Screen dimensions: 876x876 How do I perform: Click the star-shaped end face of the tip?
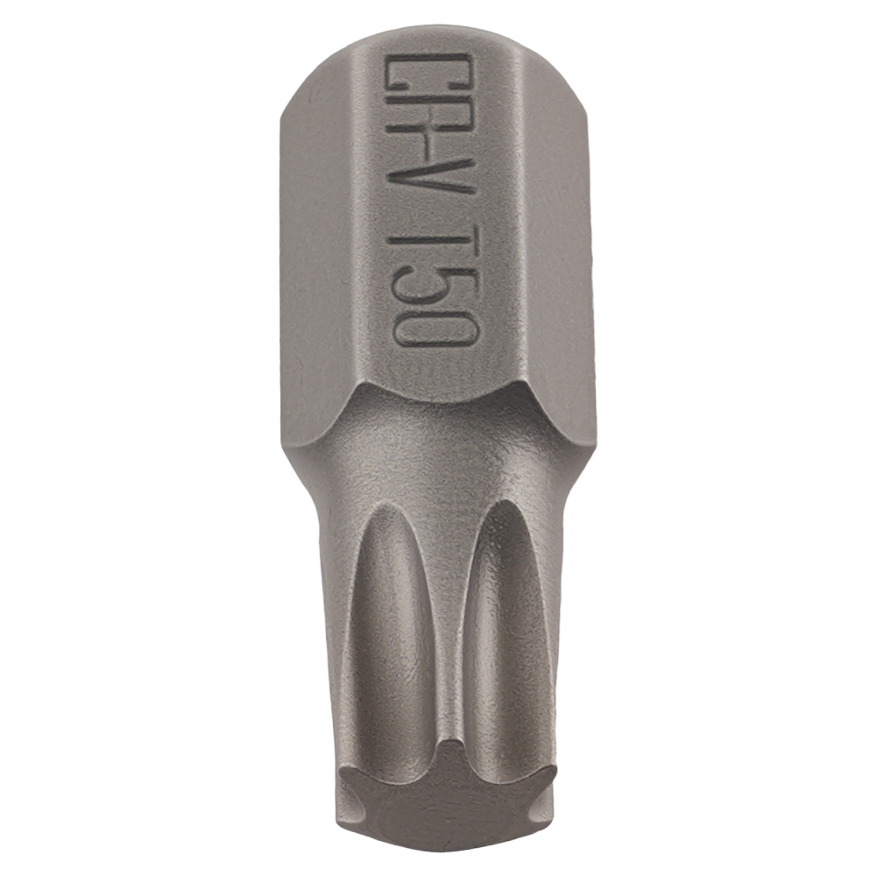point(447,794)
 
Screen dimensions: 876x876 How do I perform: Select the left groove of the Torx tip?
point(390,632)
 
